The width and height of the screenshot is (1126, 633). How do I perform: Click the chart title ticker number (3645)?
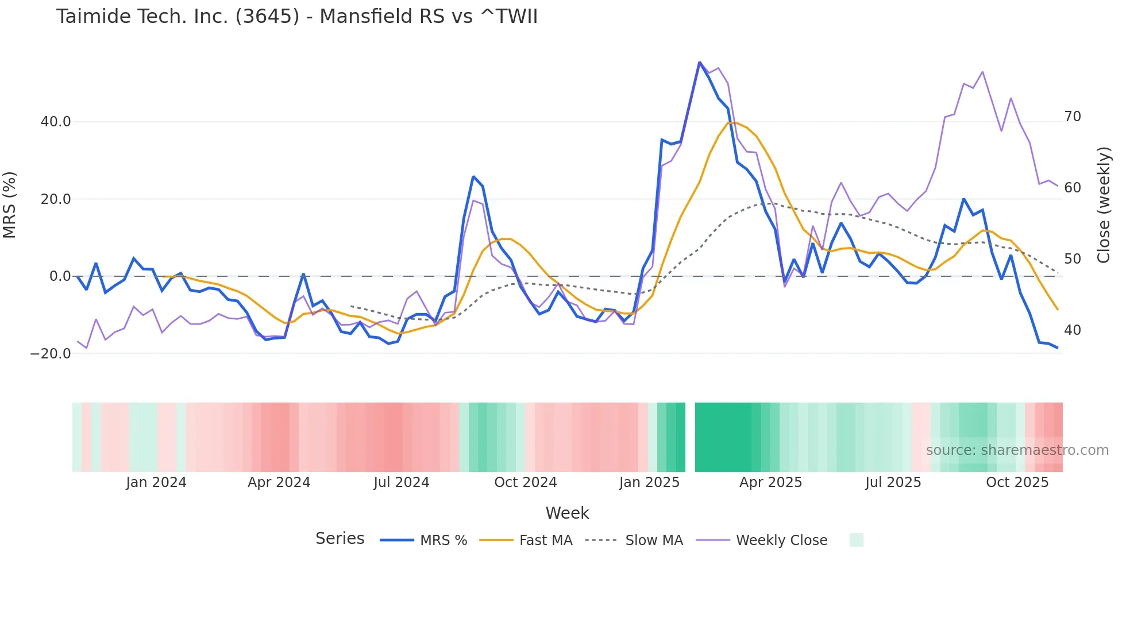[267, 16]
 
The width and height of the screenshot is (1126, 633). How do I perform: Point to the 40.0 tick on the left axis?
[56, 122]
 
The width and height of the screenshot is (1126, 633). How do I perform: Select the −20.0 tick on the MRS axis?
[51, 354]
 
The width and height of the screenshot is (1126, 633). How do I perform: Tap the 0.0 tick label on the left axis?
[60, 276]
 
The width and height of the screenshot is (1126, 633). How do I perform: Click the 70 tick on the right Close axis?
[1072, 117]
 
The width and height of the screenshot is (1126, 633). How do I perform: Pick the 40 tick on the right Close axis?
[1072, 330]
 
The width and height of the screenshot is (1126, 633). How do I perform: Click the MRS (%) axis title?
[10, 204]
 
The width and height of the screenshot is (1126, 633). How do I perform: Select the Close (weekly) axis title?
[1103, 204]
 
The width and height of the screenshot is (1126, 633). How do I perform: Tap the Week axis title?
[567, 513]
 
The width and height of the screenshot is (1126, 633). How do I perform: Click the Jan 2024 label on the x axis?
[156, 483]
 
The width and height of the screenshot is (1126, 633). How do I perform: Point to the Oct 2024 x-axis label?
[525, 483]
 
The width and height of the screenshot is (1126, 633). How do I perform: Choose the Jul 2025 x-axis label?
[893, 483]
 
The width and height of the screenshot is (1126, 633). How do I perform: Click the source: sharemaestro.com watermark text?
[1017, 450]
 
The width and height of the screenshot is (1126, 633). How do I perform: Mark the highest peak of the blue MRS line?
[699, 62]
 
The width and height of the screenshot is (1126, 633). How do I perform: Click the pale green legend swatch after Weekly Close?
[856, 540]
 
